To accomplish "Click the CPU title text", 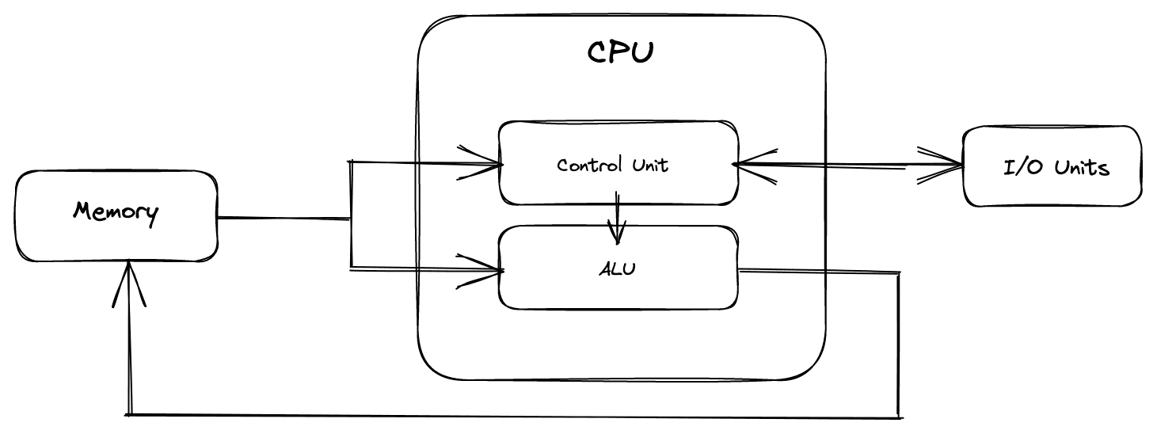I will point(621,52).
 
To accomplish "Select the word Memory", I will point(116,212).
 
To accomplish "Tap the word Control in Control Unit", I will point(585,165).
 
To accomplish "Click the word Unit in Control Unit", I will point(649,165).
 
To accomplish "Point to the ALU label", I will point(617,268).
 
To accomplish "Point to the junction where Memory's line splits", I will point(350,218).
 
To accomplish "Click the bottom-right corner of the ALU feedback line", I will point(900,415).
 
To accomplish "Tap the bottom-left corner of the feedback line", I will point(128,413).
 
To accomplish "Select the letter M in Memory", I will point(82,211).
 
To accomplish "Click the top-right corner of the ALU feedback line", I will point(900,274).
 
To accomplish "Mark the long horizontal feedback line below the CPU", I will point(515,415).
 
